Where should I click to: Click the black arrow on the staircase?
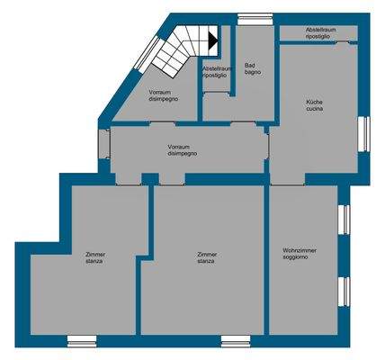coord(212,39)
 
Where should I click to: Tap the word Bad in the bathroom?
coord(250,65)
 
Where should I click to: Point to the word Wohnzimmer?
coord(299,249)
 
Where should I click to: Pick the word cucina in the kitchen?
coord(314,110)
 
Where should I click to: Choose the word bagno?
coord(251,72)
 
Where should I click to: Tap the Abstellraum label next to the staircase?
coord(217,68)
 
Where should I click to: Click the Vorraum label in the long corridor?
coord(183,146)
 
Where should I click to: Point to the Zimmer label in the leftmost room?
coord(94,255)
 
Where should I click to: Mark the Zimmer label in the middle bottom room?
coord(207,255)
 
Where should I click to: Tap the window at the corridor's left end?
coord(103,144)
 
